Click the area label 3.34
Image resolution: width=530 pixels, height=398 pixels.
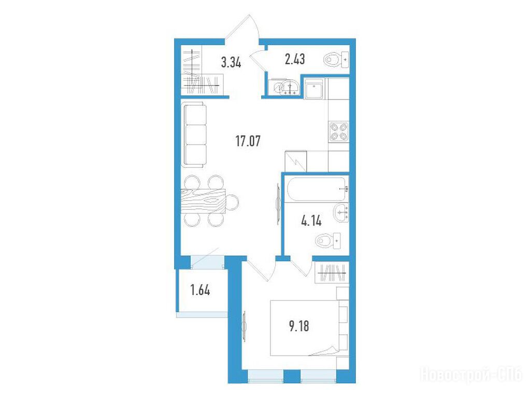pos(231,63)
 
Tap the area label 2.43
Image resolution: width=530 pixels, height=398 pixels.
pos(295,59)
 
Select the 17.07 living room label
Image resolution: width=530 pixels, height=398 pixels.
pos(248,140)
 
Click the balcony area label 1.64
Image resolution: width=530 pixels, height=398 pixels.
pos(200,290)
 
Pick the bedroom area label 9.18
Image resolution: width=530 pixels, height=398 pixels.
pos(299,326)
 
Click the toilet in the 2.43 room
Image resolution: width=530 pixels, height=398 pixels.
pos(336,60)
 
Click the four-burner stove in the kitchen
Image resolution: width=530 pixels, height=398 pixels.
pos(338,132)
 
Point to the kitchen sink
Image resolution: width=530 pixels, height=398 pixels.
pos(313,89)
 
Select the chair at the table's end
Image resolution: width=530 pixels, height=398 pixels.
pos(232,202)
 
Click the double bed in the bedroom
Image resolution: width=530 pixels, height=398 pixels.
pos(304,328)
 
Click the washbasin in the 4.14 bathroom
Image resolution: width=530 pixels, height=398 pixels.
pos(341,213)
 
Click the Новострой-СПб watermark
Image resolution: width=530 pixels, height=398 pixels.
pos(470,375)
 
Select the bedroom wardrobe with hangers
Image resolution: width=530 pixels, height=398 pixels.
pos(331,272)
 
